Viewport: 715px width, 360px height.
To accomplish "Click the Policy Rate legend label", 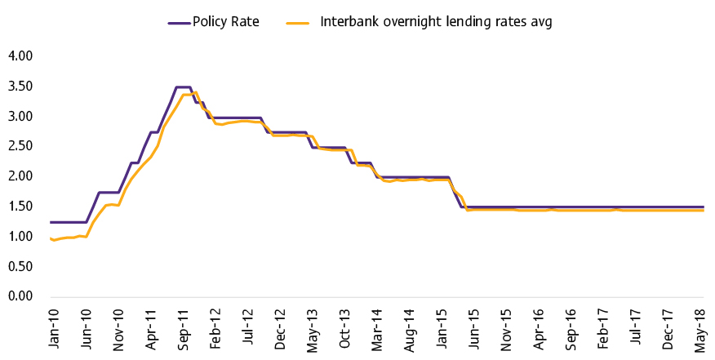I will [x=226, y=22].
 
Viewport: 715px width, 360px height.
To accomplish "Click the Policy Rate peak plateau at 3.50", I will [x=183, y=87].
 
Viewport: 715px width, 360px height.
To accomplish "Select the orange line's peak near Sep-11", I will [x=196, y=92].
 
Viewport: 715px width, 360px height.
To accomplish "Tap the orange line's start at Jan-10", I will [x=51, y=238].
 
